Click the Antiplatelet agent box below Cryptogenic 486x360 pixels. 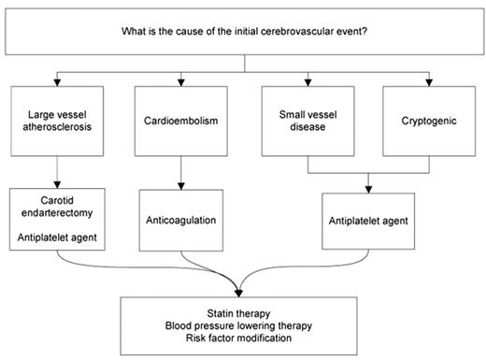(x=369, y=220)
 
